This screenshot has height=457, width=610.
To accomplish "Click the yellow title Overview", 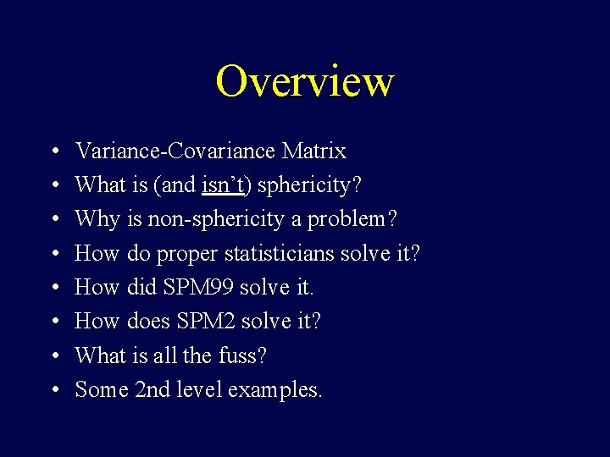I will (304, 81).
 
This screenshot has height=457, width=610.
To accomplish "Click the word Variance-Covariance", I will (176, 151).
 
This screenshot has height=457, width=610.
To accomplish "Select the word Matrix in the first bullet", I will (314, 151).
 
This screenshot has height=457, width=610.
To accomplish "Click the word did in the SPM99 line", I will (141, 288).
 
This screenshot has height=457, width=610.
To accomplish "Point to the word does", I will (147, 322).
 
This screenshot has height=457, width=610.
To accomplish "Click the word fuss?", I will (243, 355).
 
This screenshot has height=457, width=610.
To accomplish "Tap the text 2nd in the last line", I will (152, 389).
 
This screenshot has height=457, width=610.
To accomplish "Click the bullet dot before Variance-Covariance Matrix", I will (53, 152).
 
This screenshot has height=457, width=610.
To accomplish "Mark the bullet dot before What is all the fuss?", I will (53, 356).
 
